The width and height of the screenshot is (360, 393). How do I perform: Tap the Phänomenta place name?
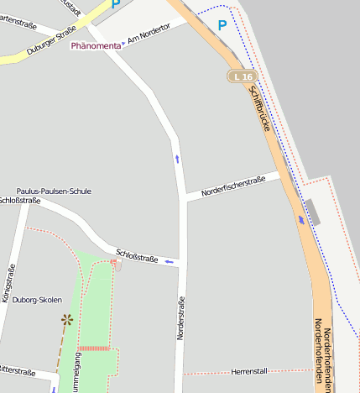94,45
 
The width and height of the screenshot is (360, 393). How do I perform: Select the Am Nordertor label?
149,33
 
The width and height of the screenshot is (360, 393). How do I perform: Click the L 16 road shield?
242,76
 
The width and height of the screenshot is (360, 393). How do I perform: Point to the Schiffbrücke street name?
263,109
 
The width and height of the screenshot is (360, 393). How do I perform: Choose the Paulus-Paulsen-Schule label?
54,191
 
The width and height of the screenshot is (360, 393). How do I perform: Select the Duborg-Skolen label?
37,300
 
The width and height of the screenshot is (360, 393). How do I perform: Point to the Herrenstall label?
248,371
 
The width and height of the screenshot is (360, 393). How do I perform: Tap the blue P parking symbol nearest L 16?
222,25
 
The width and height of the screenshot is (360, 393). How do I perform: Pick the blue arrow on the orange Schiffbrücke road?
301,220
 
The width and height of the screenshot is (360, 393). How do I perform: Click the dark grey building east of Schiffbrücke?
313,212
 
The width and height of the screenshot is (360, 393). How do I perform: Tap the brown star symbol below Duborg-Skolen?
66,319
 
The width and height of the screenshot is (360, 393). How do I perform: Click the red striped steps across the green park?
94,347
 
